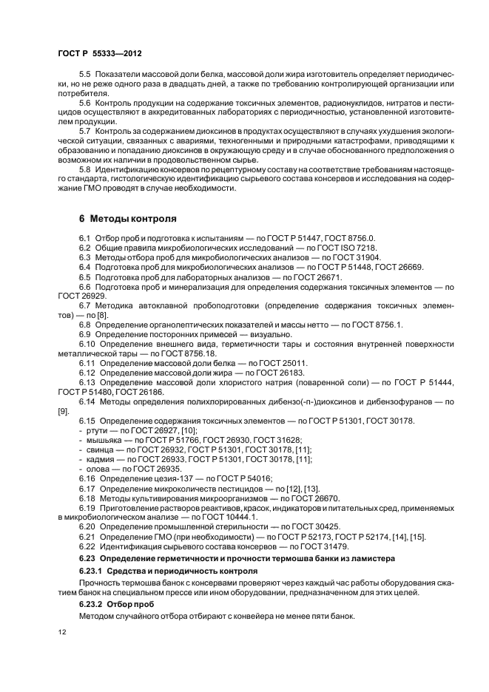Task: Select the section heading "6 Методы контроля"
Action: point(127,219)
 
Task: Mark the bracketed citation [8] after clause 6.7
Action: point(95,315)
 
